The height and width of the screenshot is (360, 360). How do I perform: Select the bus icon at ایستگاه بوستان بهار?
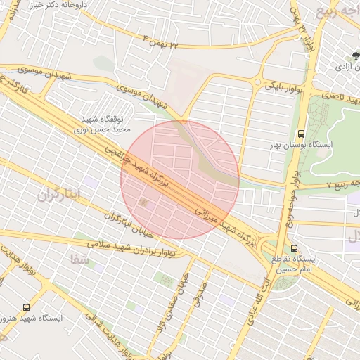point(302,133)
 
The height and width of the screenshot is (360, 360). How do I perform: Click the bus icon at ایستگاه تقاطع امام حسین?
point(295,247)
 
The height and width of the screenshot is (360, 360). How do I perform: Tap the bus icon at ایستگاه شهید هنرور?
point(26,307)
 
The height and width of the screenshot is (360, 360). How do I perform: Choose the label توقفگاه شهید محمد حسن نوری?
point(103,124)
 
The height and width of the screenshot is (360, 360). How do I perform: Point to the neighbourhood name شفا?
point(79,258)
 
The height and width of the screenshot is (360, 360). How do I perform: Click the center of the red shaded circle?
point(180,179)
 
